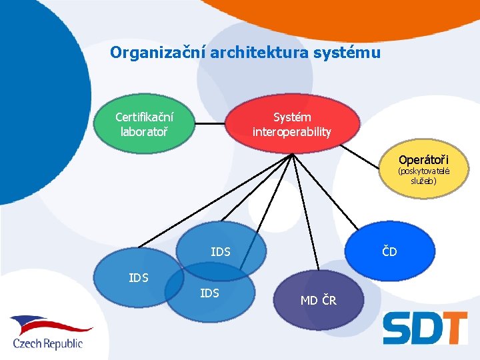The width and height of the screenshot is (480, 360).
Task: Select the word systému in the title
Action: [x=351, y=52]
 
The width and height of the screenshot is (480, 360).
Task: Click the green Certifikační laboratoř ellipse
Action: [x=144, y=124]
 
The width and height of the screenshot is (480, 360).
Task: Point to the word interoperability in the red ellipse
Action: [x=291, y=132]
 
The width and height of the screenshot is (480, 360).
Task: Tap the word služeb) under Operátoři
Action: [x=423, y=181]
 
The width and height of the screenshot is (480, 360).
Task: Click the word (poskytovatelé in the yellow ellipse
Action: [x=423, y=171]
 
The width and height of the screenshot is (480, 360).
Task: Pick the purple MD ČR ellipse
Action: [x=319, y=301]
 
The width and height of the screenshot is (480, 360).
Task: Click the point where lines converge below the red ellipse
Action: [x=292, y=154]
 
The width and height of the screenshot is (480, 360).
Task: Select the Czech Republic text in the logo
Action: [x=48, y=343]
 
